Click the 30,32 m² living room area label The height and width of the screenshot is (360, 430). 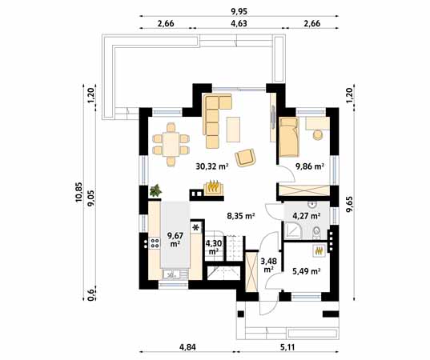(x=212, y=166)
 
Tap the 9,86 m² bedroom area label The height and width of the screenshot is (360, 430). (x=310, y=166)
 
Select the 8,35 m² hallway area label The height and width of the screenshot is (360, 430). (x=241, y=216)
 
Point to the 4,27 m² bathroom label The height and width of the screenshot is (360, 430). (x=307, y=216)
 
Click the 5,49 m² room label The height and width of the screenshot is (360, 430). (x=307, y=271)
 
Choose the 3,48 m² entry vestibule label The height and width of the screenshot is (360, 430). (x=268, y=265)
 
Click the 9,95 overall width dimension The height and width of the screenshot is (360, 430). (x=239, y=11)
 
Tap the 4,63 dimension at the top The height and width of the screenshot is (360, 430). (x=239, y=23)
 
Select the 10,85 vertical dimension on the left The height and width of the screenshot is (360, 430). (x=78, y=192)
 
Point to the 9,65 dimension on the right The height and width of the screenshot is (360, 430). (x=350, y=204)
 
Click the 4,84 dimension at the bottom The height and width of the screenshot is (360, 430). (x=187, y=347)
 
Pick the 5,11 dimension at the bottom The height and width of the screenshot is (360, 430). (x=287, y=347)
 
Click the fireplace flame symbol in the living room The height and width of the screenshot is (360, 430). (x=213, y=186)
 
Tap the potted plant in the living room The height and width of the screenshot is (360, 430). (x=155, y=190)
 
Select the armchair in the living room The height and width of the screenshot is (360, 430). (x=245, y=158)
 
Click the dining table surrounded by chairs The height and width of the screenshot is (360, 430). (x=171, y=144)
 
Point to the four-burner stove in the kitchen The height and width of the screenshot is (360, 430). (x=155, y=243)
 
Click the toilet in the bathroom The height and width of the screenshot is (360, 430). (x=317, y=233)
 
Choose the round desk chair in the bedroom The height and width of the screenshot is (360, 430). (x=318, y=134)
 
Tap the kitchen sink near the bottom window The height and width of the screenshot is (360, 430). (x=174, y=274)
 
